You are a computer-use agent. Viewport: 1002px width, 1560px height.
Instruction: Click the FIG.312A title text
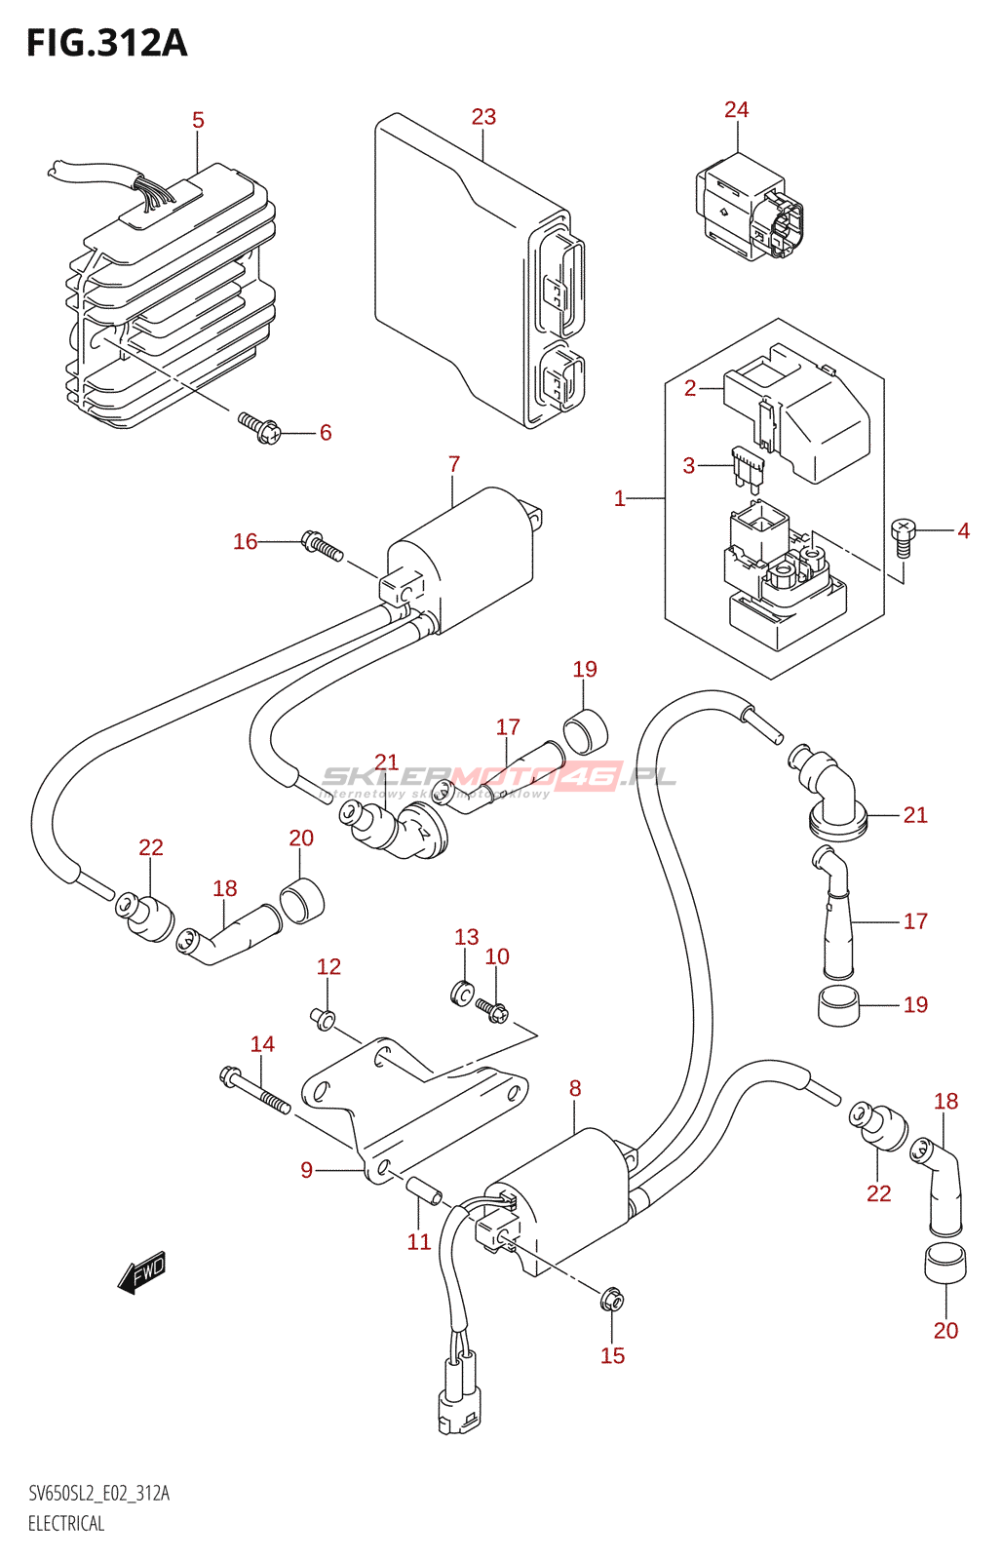tap(106, 43)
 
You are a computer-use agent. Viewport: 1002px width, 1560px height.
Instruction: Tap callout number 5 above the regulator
tap(198, 121)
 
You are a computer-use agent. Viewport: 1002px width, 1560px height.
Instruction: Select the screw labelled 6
tap(259, 427)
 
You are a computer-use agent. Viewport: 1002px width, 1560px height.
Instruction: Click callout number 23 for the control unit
tap(483, 117)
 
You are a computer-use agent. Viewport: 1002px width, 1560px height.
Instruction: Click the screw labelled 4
tap(904, 536)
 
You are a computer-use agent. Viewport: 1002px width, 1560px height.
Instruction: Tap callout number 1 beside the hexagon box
tap(620, 499)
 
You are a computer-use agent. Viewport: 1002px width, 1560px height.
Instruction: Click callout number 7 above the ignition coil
tap(454, 465)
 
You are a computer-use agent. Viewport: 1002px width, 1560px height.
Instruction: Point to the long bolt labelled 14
tap(255, 1090)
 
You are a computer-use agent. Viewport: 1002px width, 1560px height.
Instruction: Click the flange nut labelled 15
tap(612, 1299)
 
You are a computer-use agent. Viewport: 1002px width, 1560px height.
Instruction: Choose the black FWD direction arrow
tap(142, 1272)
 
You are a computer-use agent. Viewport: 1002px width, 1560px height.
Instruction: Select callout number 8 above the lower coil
tap(575, 1089)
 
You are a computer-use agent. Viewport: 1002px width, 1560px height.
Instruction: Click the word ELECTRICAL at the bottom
tap(66, 1524)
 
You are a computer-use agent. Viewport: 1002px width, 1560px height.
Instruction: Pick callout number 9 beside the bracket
tap(307, 1170)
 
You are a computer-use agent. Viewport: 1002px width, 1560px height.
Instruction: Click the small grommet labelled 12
tap(324, 1019)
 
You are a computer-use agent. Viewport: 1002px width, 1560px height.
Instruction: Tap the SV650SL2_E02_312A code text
tap(98, 1494)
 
